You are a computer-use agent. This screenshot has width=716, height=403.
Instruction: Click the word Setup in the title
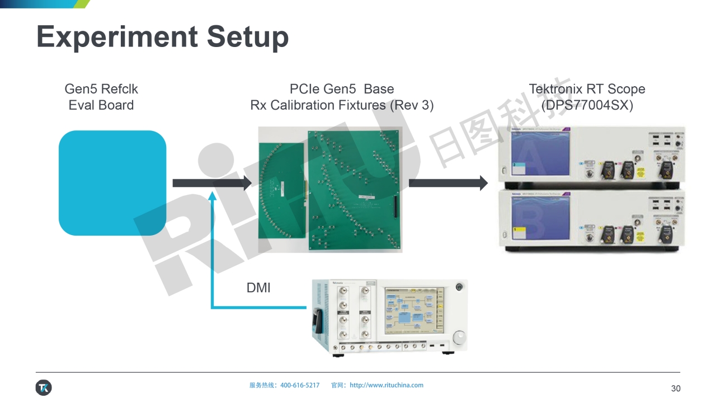(x=248, y=37)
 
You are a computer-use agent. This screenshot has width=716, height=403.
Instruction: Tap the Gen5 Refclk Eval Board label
(x=101, y=97)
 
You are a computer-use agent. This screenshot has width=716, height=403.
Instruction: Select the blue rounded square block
(x=112, y=183)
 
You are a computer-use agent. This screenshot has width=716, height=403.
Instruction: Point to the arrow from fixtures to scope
(x=448, y=183)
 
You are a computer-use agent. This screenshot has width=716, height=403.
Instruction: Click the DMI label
(x=258, y=288)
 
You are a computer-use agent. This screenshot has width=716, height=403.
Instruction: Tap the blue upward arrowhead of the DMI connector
(x=212, y=195)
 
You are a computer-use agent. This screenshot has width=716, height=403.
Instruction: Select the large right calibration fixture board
(x=355, y=190)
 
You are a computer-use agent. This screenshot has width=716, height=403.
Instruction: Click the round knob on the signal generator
(x=458, y=337)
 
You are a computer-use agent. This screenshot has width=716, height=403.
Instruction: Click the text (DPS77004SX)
(x=587, y=105)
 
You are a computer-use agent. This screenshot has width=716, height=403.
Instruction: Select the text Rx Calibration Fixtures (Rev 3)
(x=342, y=105)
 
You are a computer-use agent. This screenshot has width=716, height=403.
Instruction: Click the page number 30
(x=676, y=388)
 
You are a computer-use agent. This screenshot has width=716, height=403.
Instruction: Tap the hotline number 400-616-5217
(x=300, y=385)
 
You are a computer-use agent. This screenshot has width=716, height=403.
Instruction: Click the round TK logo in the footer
(x=44, y=387)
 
